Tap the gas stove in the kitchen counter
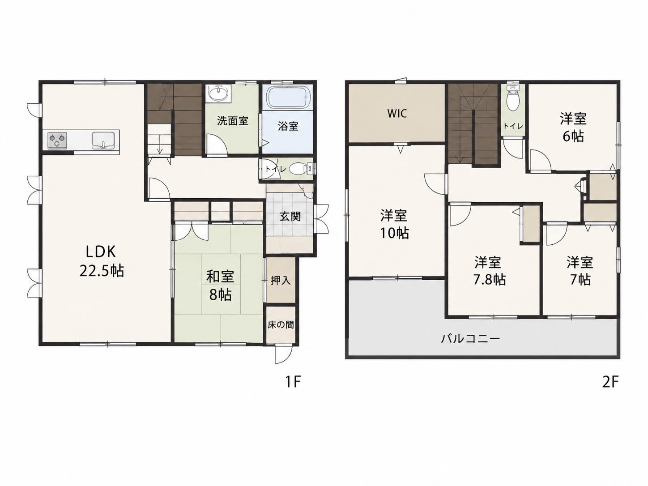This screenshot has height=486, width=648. click(57, 141)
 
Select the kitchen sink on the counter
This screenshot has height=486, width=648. click(103, 141)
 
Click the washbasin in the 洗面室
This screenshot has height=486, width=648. click(218, 94)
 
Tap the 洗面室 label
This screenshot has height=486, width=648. click(233, 120)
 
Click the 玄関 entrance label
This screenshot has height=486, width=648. click(290, 217)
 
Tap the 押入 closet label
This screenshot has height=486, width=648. click(281, 281)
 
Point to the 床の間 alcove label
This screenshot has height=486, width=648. click(281, 325)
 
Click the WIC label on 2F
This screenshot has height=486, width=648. click(397, 113)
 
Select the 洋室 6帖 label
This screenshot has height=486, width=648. click(573, 127)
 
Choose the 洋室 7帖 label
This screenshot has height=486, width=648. click(580, 271)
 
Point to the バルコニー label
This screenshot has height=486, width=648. click(471, 338)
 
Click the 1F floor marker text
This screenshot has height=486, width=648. click(292, 383)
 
